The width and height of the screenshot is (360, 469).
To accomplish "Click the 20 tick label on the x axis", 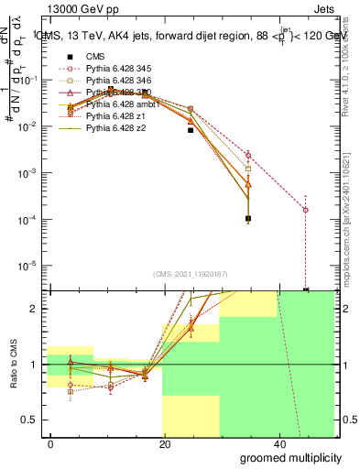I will coord(163,442).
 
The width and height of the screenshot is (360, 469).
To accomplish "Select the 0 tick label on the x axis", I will coord(50,442).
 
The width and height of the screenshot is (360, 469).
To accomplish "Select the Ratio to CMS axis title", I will coord(15,364).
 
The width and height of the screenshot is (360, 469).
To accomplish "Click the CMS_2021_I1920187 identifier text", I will coord(191,274).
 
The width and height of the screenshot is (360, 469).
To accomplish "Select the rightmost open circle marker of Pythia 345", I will coord(305,210).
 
